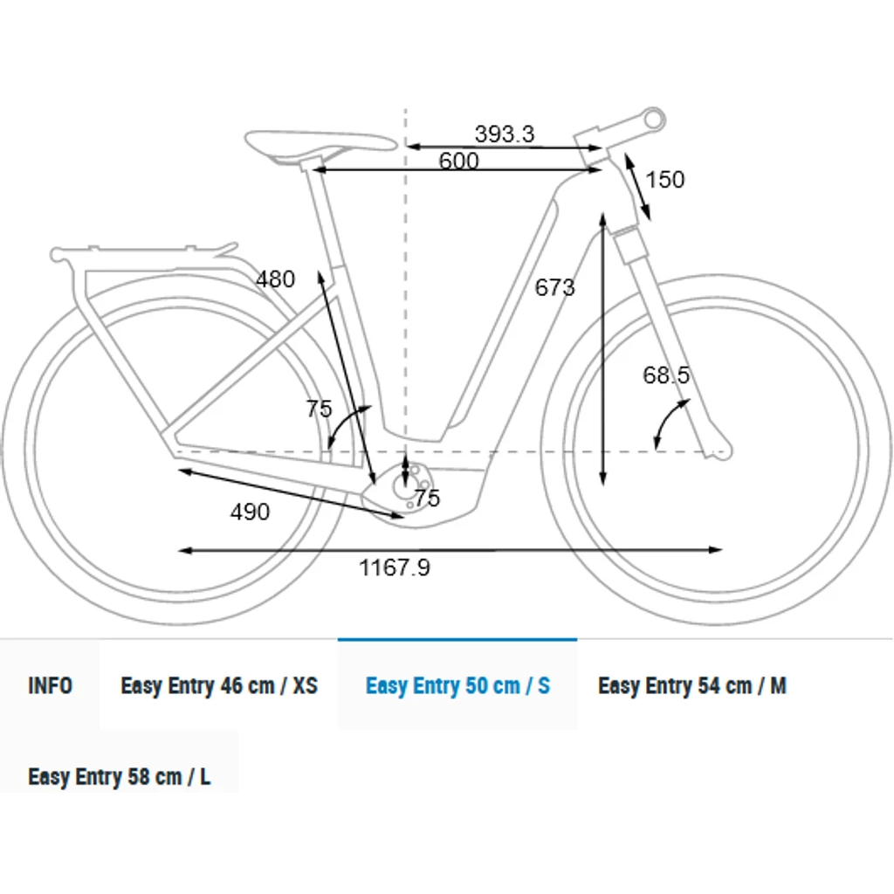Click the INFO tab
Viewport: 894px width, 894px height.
[50, 685]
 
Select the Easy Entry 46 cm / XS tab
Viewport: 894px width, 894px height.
[219, 685]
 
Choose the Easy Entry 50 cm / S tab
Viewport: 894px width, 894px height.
[457, 685]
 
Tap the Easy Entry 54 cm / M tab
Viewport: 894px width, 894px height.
[692, 685]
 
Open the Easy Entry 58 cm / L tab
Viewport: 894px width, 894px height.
[119, 776]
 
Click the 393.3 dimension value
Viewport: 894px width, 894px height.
[505, 134]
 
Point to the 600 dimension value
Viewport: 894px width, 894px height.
[458, 161]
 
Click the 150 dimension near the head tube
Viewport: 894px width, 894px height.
[664, 180]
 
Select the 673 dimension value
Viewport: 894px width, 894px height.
[554, 287]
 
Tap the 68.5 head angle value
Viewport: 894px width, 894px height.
[666, 375]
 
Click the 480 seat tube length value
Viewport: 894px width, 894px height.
[275, 279]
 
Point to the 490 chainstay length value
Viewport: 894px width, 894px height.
[250, 512]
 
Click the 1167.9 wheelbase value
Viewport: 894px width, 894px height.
[395, 567]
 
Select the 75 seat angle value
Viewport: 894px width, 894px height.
[319, 409]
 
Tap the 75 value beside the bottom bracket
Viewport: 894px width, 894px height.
[427, 499]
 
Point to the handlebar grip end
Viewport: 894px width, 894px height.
[654, 119]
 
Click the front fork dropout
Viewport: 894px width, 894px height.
[719, 450]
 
